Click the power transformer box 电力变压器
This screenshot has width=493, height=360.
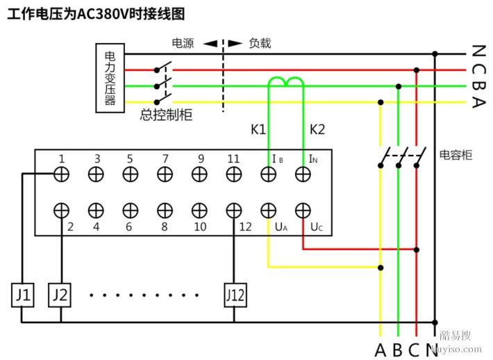click(x=110, y=78)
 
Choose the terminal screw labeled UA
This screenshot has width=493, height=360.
click(x=268, y=210)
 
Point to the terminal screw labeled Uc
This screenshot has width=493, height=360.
click(x=302, y=210)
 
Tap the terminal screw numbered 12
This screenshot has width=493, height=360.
click(x=235, y=210)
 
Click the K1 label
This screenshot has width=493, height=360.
click(x=258, y=129)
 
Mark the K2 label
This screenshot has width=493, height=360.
click(x=317, y=129)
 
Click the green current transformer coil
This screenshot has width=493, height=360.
click(x=286, y=83)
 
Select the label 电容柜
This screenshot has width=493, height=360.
click(x=456, y=154)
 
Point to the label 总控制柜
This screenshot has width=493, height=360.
click(x=166, y=115)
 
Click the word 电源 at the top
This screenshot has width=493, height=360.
click(x=183, y=43)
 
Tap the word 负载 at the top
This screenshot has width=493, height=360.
click(x=260, y=43)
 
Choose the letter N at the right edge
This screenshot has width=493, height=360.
click(x=478, y=51)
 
